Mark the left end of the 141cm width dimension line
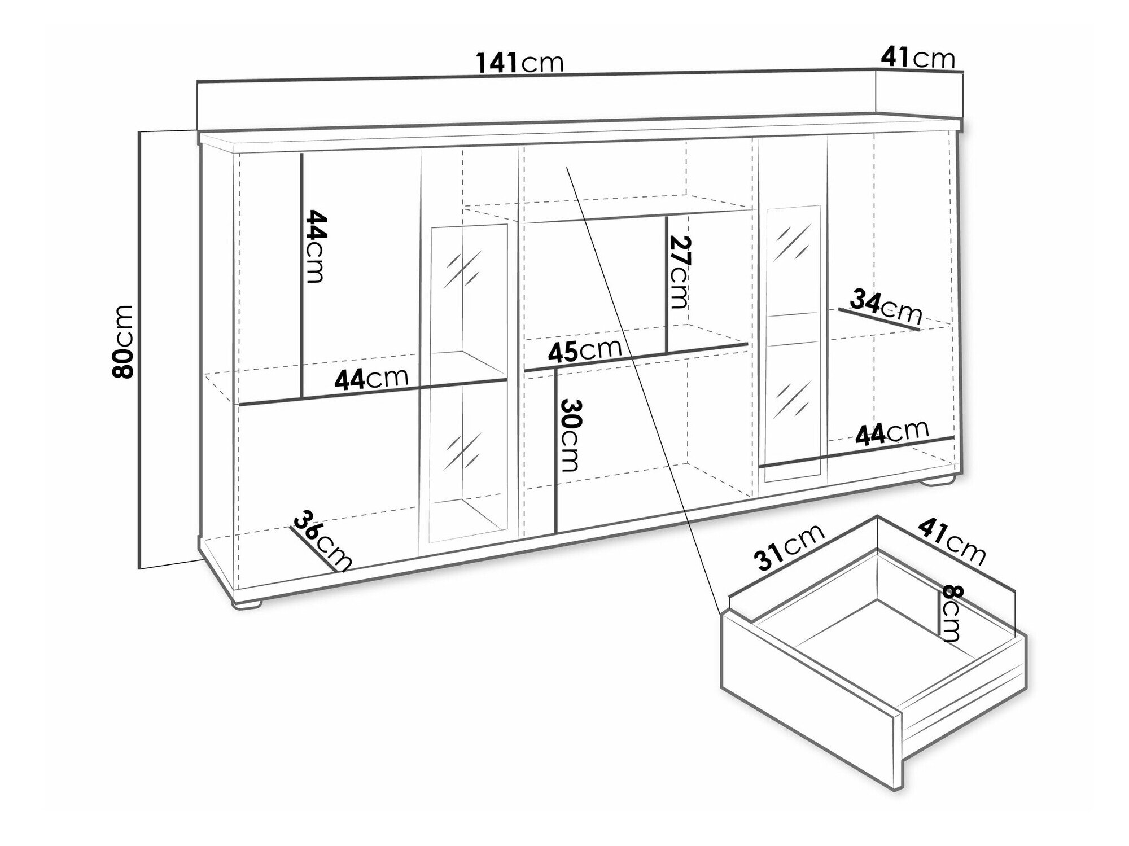click(197, 82)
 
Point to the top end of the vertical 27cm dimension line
click(667, 217)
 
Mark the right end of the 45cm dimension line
click(748, 343)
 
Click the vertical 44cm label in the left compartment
click(315, 247)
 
